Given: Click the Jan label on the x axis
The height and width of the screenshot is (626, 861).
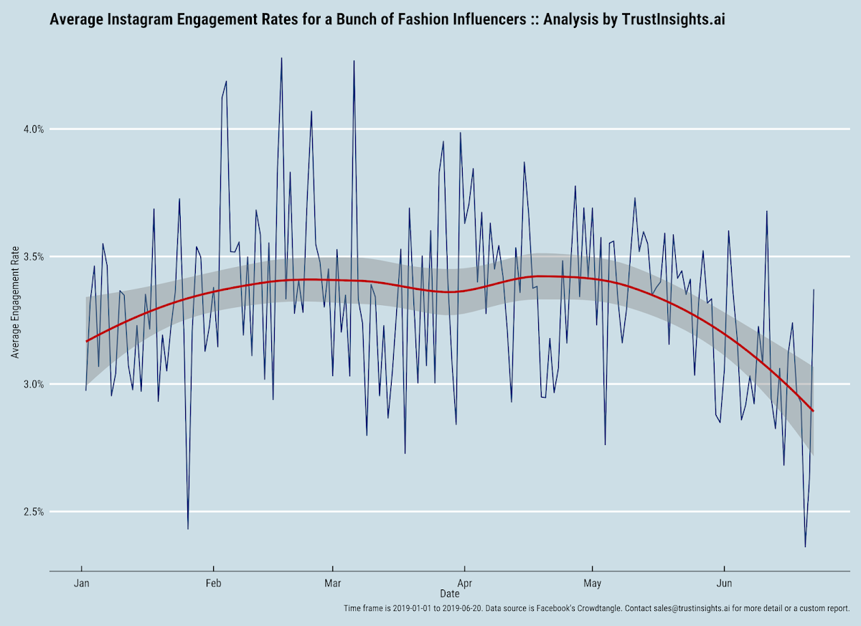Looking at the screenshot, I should click(x=81, y=583).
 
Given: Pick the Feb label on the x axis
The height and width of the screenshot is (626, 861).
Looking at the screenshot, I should click(x=213, y=583).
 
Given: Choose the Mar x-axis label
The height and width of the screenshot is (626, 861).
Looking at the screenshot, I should click(x=332, y=583).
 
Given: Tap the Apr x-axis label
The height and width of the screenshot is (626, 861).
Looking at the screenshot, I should click(x=464, y=583).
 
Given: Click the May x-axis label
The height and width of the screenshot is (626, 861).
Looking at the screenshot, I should click(x=592, y=583).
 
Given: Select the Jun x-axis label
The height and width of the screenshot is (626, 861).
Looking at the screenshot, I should click(x=724, y=583).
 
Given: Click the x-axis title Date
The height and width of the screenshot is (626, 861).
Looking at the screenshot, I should click(x=450, y=594).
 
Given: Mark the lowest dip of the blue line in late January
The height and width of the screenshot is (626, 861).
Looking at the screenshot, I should click(x=188, y=528).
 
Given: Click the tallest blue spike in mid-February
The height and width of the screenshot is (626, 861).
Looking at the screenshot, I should click(x=281, y=58).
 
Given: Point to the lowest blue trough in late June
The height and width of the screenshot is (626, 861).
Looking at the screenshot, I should click(x=805, y=546).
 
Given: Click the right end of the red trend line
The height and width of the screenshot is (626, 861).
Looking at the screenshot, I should click(x=813, y=411).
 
